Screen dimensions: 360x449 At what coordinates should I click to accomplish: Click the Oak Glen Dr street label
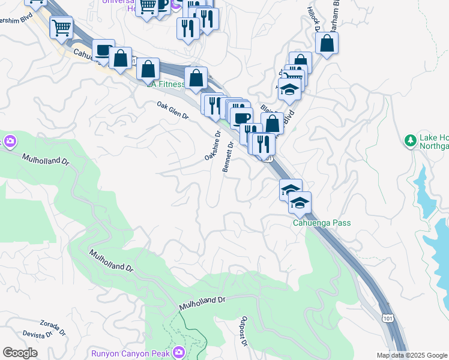172,110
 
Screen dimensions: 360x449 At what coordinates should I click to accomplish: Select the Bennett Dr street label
228,157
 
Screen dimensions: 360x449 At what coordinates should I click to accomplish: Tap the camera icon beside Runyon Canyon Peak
178,352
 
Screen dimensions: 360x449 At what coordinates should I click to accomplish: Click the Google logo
20,353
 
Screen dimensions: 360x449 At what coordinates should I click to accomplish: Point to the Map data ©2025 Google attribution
412,355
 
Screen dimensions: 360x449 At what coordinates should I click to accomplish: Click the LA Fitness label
166,84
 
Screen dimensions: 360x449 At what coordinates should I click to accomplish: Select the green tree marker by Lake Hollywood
411,140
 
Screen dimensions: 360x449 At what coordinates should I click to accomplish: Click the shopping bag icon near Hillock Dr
327,43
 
